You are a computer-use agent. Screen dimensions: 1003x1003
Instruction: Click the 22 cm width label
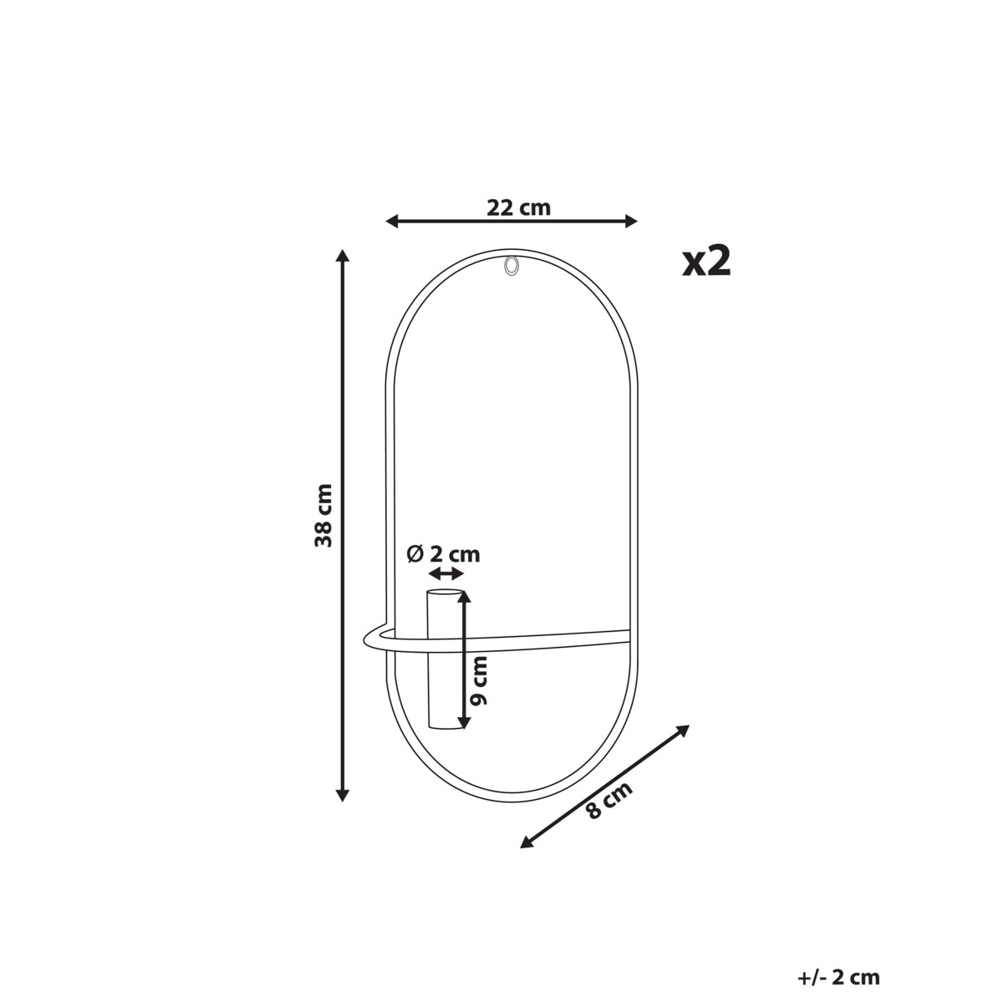(x=518, y=207)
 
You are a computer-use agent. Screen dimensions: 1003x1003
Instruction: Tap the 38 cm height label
(x=323, y=516)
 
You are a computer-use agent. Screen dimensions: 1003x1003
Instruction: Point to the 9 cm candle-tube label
(x=478, y=680)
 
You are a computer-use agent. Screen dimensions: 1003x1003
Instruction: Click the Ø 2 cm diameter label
(x=443, y=554)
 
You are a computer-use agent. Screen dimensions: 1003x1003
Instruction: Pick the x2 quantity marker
(x=707, y=262)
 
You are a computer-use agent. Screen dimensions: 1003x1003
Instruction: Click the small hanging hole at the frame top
(x=511, y=266)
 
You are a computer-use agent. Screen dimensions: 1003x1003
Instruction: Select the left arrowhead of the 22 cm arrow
(x=391, y=221)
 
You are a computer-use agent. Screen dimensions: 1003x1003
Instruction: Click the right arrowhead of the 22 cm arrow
(x=631, y=221)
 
